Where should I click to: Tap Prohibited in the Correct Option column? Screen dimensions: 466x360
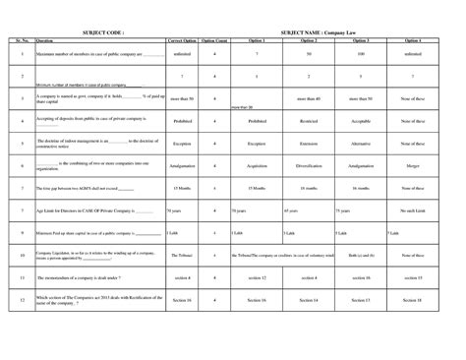[x=181, y=123]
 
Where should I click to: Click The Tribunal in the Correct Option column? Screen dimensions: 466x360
[x=181, y=257]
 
